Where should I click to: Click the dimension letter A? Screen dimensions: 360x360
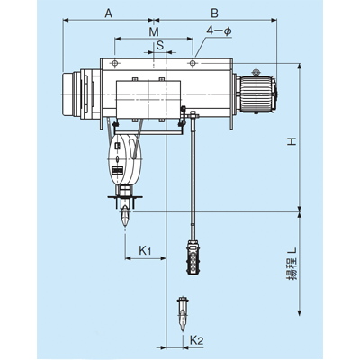pyautogui.click(x=108, y=13)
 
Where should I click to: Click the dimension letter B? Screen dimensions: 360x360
pyautogui.click(x=214, y=13)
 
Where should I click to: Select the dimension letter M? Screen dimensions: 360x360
pyautogui.click(x=154, y=31)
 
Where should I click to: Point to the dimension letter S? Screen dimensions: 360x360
pyautogui.click(x=160, y=45)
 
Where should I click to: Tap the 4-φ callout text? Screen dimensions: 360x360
pyautogui.click(x=219, y=31)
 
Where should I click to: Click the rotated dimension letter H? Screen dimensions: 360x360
pyautogui.click(x=292, y=141)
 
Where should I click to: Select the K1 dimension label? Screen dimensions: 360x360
pyautogui.click(x=145, y=250)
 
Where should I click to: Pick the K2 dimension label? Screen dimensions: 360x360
pyautogui.click(x=197, y=340)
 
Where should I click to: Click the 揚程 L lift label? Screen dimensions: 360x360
pyautogui.click(x=292, y=264)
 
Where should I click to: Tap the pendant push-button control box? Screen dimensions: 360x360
pyautogui.click(x=192, y=256)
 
